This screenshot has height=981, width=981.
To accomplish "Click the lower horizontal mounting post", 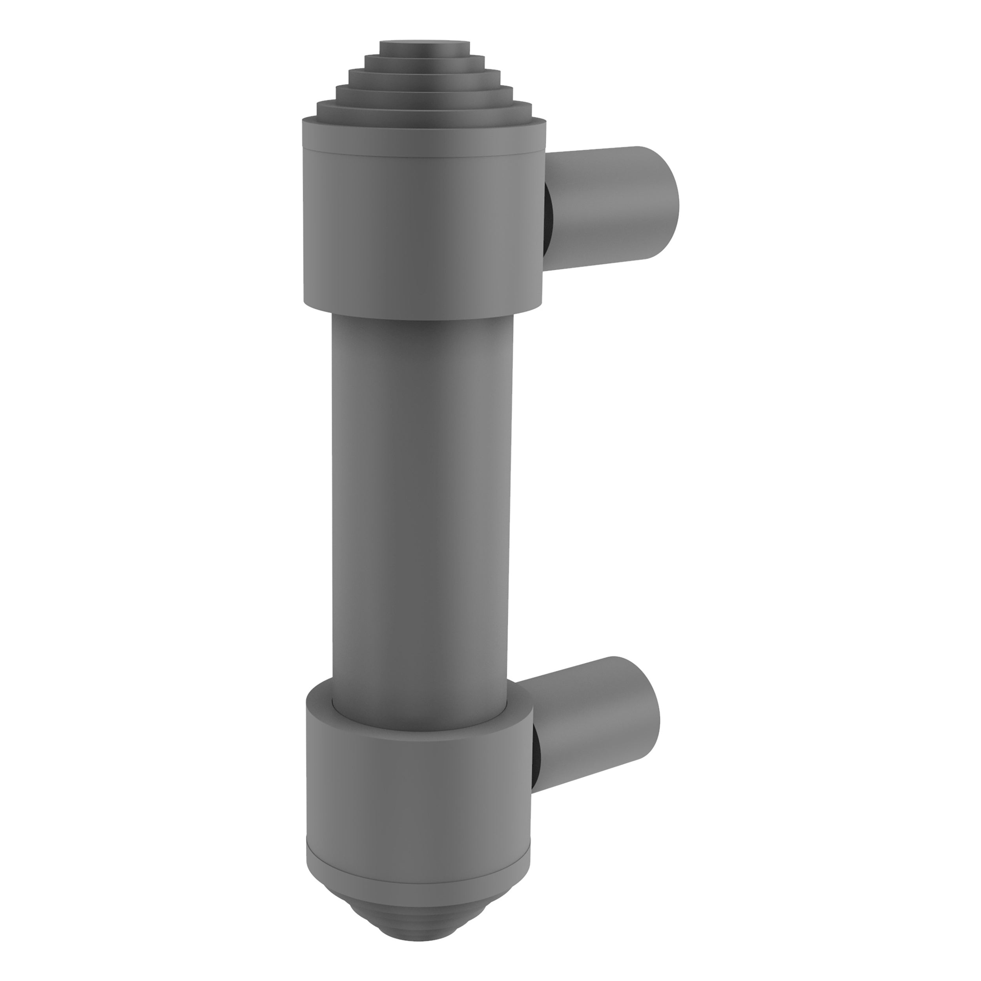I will (x=584, y=721).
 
